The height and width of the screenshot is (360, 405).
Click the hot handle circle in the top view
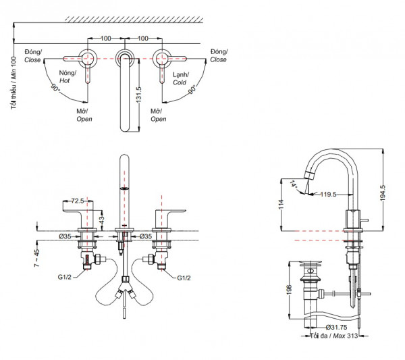[x=87, y=57]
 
